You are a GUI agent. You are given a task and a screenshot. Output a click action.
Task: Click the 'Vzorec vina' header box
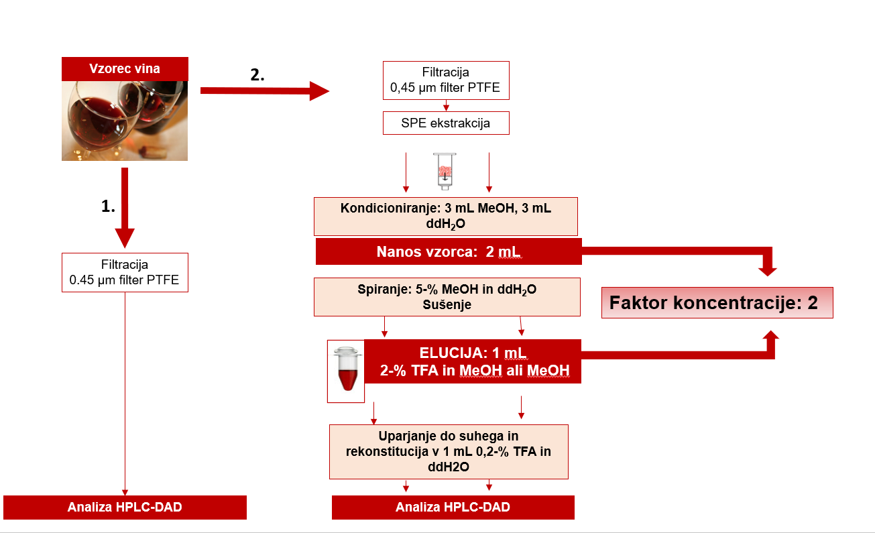pyautogui.click(x=125, y=69)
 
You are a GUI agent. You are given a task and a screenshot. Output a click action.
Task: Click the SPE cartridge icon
pyautogui.click(x=444, y=172)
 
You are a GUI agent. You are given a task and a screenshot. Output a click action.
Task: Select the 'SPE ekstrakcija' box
pyautogui.click(x=446, y=123)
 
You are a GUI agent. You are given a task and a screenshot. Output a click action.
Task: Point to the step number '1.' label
pyautogui.click(x=108, y=207)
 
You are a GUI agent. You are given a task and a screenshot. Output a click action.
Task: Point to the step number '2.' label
pyautogui.click(x=257, y=75)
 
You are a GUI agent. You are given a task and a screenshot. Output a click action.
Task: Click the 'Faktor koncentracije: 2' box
pyautogui.click(x=717, y=303)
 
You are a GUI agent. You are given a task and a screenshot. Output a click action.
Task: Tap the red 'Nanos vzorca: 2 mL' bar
pyautogui.click(x=448, y=252)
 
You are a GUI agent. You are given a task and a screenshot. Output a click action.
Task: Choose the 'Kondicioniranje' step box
pyautogui.click(x=446, y=216)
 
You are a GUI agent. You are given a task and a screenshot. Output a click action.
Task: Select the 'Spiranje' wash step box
pyautogui.click(x=447, y=297)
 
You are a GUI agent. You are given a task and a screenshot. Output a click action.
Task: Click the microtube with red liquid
pyautogui.click(x=346, y=370)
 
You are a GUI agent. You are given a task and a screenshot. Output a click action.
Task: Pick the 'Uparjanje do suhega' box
pyautogui.click(x=449, y=451)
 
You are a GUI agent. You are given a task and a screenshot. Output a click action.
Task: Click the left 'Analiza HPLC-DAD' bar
pyautogui.click(x=125, y=508)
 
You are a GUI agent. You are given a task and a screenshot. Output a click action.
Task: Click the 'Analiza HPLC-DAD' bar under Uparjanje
pyautogui.click(x=453, y=508)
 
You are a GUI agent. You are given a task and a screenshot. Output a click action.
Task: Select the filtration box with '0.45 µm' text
pyautogui.click(x=125, y=272)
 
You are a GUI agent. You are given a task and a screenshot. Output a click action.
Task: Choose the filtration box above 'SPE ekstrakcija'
pyautogui.click(x=446, y=80)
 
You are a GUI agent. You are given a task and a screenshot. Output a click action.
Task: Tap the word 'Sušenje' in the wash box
pyautogui.click(x=447, y=304)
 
